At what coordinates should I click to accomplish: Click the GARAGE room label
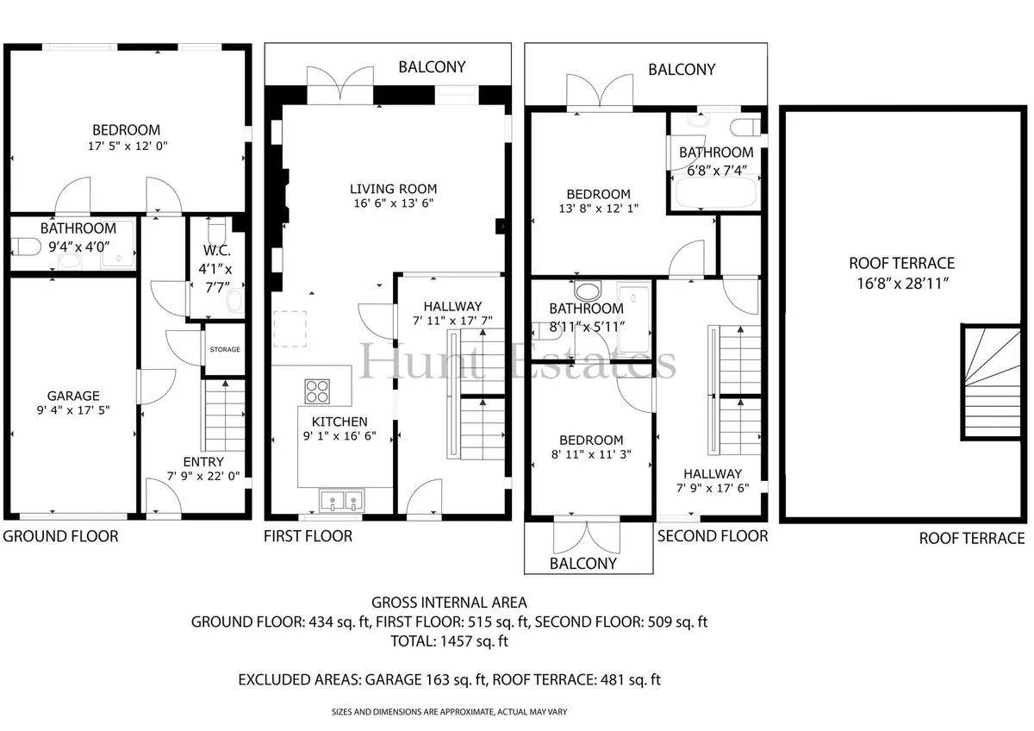(73, 396)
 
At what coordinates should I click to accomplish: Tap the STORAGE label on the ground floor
(225, 350)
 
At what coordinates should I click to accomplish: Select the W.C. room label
(217, 251)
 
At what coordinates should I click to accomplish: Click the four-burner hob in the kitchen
(317, 391)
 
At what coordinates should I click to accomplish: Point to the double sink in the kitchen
(341, 501)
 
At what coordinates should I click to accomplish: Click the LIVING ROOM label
(393, 189)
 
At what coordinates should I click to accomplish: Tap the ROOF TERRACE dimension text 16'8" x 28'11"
(902, 283)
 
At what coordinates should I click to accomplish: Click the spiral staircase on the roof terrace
(992, 382)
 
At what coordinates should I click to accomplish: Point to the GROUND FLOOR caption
(60, 536)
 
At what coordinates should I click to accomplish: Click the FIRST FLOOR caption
(308, 536)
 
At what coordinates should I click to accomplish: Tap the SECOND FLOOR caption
(713, 536)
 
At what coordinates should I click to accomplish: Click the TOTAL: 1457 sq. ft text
(449, 641)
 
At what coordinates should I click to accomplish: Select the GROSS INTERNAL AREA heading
(449, 603)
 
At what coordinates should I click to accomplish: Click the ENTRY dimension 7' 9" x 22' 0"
(203, 476)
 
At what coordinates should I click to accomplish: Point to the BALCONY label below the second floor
(583, 564)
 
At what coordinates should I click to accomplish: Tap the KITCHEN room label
(339, 422)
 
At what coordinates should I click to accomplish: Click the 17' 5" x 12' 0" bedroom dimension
(128, 146)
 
